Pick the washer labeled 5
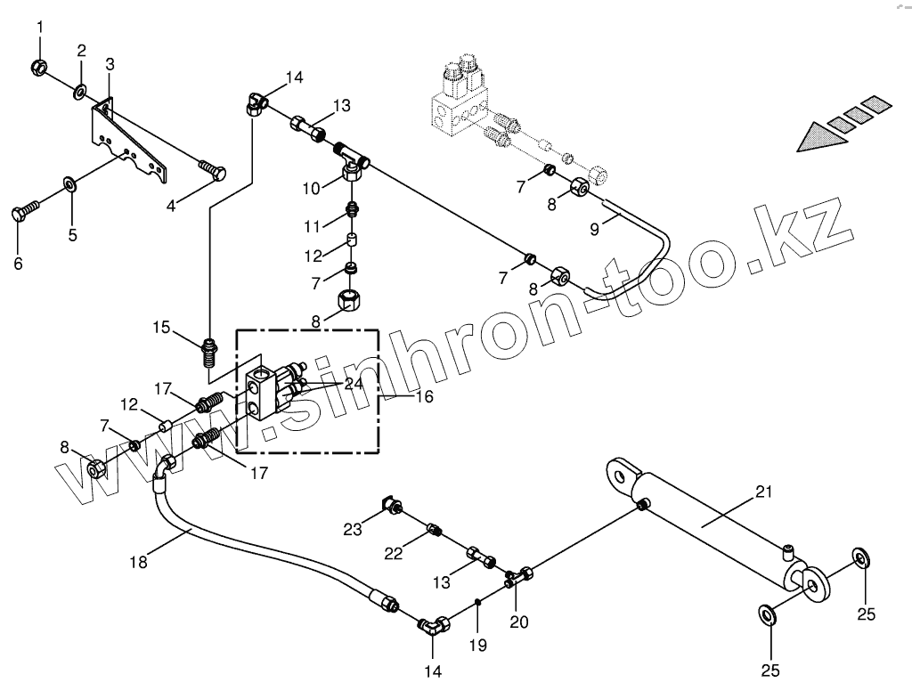69,185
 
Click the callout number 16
424,395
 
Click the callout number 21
765,492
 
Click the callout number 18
138,562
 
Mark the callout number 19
478,645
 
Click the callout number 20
518,622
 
